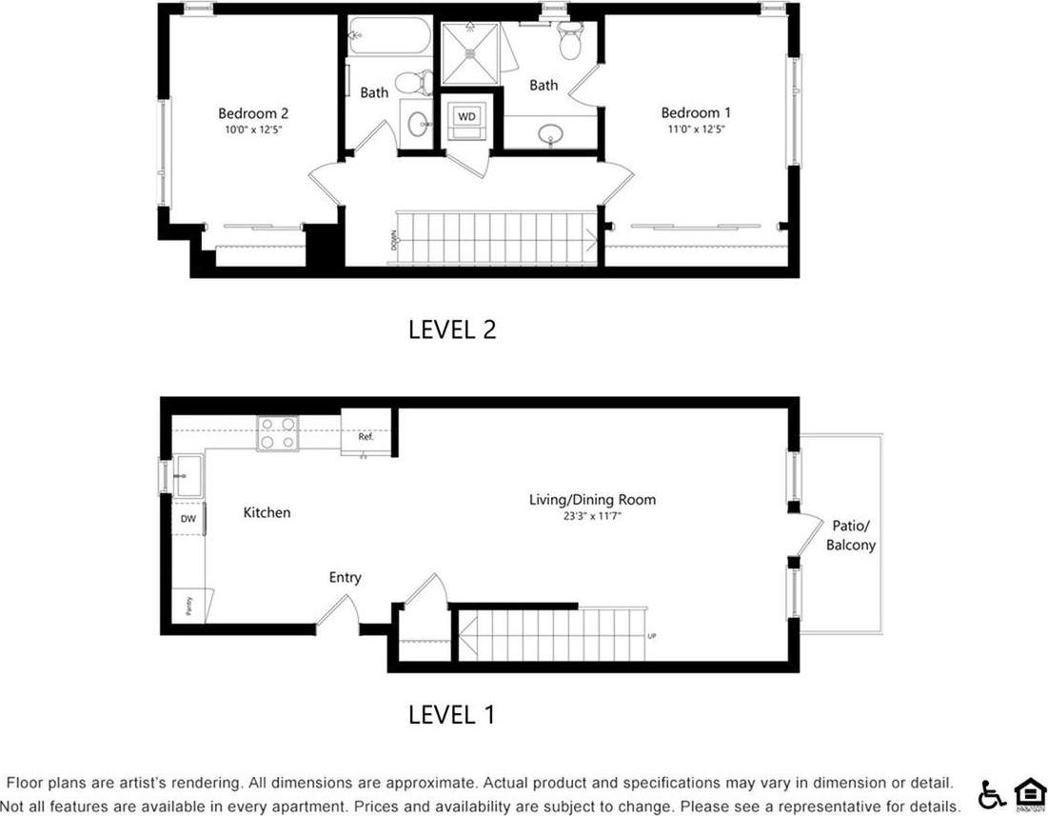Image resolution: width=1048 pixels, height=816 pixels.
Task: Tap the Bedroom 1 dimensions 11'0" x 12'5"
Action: pyautogui.click(x=696, y=129)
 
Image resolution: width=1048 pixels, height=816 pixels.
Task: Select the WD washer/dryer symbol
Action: pyautogui.click(x=466, y=116)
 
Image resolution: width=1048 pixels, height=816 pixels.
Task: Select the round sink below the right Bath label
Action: pyautogui.click(x=551, y=134)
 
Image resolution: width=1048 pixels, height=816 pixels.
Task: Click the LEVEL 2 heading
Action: pyautogui.click(x=452, y=329)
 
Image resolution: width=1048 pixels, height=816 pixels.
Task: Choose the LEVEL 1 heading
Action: pyautogui.click(x=451, y=714)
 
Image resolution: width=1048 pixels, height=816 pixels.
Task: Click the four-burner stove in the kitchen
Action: pyautogui.click(x=278, y=433)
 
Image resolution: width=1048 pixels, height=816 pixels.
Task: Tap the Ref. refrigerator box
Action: pyautogui.click(x=366, y=437)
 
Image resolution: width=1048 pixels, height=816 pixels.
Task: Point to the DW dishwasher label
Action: pyautogui.click(x=188, y=519)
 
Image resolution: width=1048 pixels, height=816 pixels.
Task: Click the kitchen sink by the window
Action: pyautogui.click(x=188, y=474)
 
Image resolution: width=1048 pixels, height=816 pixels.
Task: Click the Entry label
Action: pyautogui.click(x=345, y=577)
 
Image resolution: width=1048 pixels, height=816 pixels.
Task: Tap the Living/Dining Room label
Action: pyautogui.click(x=592, y=499)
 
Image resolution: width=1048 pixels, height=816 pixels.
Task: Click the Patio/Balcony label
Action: pyautogui.click(x=850, y=535)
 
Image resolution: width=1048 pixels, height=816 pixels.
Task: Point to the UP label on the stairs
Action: pyautogui.click(x=651, y=636)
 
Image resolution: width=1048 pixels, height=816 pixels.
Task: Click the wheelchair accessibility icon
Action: pyautogui.click(x=992, y=792)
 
